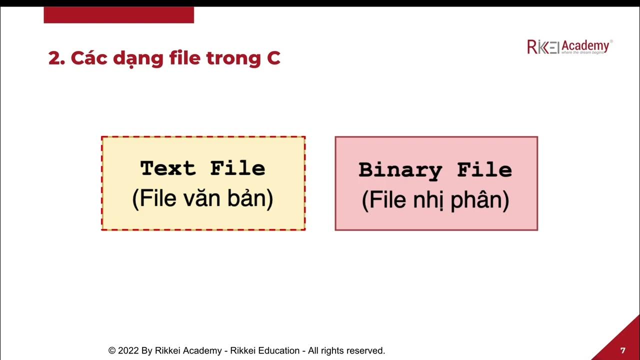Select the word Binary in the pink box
coord(400,170)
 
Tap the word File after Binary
coord(484,170)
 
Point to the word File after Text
coord(237,168)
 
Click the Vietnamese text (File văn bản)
coord(203,199)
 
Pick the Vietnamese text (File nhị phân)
coord(435,201)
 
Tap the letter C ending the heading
coord(273,58)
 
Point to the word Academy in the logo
coord(585,45)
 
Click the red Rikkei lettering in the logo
coord(542,47)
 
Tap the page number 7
coord(622,350)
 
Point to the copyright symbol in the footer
coord(112,351)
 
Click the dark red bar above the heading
coord(118,15)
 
